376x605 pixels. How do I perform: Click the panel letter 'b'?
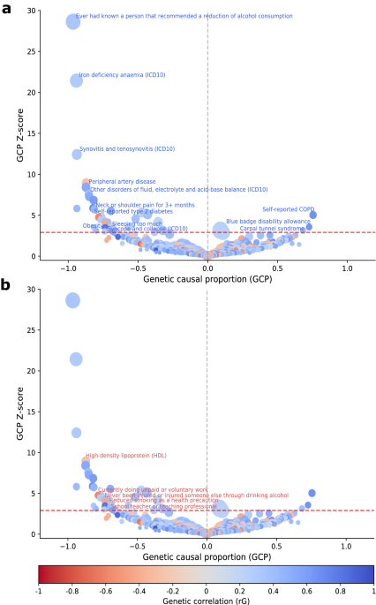[x=5, y=285]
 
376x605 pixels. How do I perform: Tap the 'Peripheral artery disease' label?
[x=122, y=182]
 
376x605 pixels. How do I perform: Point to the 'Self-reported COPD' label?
[x=288, y=209]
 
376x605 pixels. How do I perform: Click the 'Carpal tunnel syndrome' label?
[x=272, y=228]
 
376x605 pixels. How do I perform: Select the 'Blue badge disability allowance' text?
[x=267, y=221]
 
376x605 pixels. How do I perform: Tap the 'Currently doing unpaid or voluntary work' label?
[x=153, y=489]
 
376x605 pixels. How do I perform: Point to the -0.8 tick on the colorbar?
[x=72, y=588]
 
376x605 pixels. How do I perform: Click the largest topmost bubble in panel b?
[x=73, y=300]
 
